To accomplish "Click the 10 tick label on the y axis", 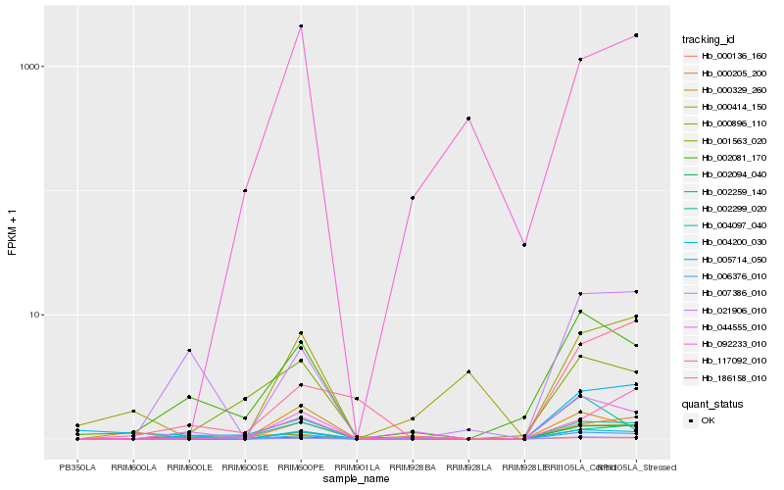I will click(x=31, y=315).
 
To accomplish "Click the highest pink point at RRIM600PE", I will click(x=301, y=26).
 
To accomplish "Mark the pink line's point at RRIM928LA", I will click(x=469, y=119).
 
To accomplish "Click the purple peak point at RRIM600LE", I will click(x=189, y=350).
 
